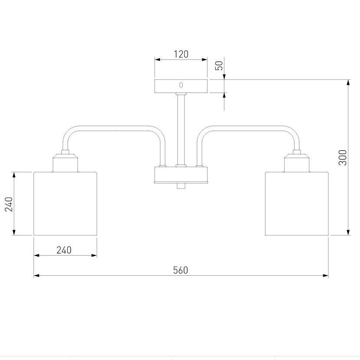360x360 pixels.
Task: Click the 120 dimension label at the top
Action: tap(181, 54)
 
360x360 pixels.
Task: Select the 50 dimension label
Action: tap(219, 66)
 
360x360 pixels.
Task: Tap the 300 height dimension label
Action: tap(343, 157)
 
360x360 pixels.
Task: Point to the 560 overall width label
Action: tap(180, 270)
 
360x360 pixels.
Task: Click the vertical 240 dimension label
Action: tap(8, 204)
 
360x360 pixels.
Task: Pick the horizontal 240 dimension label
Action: tap(64, 250)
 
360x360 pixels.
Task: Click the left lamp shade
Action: tap(65, 204)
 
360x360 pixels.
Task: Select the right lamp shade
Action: tap(297, 204)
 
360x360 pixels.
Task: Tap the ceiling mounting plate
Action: tap(181, 86)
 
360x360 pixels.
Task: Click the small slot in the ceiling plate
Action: tap(181, 85)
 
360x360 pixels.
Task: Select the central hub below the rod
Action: tap(181, 175)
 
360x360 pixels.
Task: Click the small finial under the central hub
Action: tap(181, 186)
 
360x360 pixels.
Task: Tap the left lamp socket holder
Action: tap(65, 163)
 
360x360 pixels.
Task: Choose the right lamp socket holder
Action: tap(297, 163)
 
